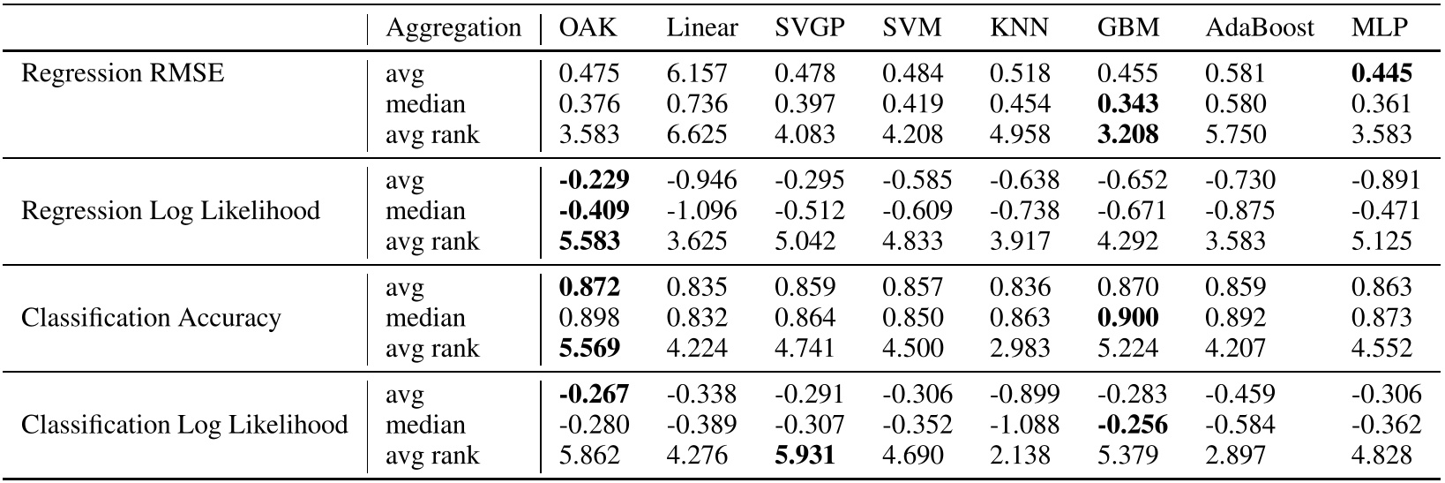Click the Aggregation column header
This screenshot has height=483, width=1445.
tap(453, 28)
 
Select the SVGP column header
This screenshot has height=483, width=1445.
tap(809, 28)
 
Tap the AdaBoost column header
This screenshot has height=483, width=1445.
tap(1259, 28)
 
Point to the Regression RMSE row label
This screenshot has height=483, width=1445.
tap(123, 73)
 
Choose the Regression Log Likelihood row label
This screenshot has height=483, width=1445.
tap(170, 211)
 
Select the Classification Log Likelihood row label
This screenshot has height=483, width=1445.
tap(184, 425)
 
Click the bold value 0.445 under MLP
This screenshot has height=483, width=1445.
tap(1381, 73)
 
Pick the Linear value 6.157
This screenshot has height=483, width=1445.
tap(698, 73)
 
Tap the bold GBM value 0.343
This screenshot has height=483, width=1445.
tap(1127, 104)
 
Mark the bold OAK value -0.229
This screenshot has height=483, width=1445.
tap(594, 180)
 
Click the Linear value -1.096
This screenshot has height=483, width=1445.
tap(701, 211)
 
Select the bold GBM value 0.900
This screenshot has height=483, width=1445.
tap(1127, 318)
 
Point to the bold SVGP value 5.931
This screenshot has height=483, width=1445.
tap(805, 456)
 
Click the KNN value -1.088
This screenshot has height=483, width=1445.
tap(1024, 425)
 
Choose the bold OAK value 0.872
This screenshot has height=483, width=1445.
tap(589, 287)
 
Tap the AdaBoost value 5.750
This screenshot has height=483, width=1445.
tap(1235, 135)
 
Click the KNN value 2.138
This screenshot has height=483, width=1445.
tap(1020, 456)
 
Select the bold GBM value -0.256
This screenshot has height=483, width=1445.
tap(1132, 425)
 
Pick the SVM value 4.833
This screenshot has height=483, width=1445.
tap(912, 242)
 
